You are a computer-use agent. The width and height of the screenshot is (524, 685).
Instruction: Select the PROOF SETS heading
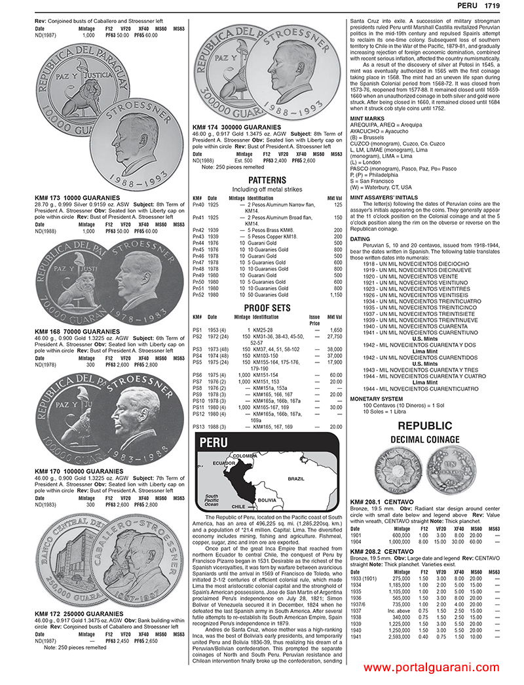[267, 307]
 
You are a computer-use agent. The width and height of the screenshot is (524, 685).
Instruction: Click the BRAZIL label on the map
[297, 479]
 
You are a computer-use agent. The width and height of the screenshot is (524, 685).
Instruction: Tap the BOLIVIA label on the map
[267, 499]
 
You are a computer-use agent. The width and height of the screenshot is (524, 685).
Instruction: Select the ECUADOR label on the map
[223, 463]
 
